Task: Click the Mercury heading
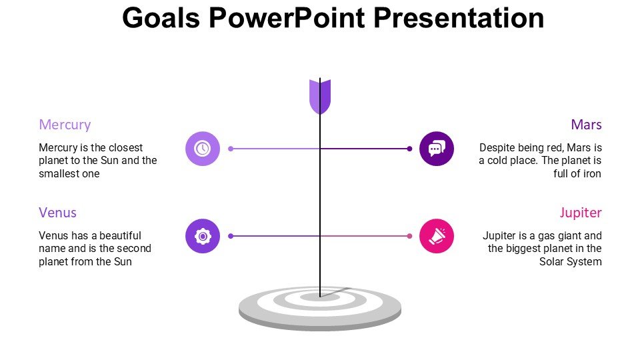65,125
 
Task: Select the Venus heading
57,213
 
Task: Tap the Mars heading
586,125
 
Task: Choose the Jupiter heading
581,213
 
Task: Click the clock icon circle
203,149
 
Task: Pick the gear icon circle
203,236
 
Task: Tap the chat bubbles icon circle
436,149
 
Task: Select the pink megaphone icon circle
436,236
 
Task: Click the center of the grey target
320,297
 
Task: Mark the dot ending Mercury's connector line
231,149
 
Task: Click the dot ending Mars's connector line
409,149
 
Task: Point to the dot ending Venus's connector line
231,236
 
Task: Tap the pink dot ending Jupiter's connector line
409,236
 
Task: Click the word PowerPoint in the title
287,18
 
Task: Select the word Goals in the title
161,18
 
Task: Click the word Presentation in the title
459,18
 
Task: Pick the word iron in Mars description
592,173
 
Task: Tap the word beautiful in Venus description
120,235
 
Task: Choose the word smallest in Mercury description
59,173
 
